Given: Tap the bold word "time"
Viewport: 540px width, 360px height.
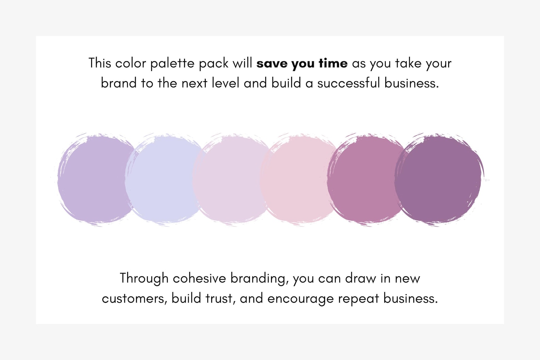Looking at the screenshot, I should pos(333,64).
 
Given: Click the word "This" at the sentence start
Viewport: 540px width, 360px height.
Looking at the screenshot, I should pos(100,64).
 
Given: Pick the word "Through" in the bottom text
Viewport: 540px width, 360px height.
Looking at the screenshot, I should pos(144,279).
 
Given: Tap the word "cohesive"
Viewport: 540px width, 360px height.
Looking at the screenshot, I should pos(199,279).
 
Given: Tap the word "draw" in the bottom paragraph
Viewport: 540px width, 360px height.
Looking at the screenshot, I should pos(360,279).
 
